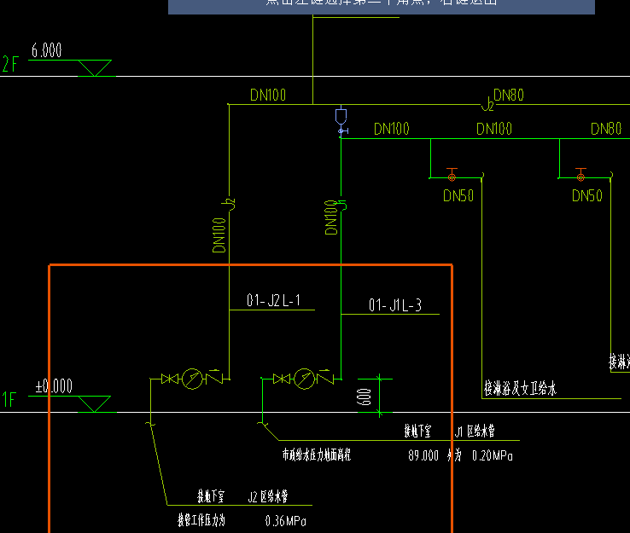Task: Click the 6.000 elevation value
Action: [47, 51]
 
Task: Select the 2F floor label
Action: [10, 63]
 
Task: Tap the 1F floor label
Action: [9, 399]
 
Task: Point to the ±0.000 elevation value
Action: [54, 386]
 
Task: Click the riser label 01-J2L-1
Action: [273, 300]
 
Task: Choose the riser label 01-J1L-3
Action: [394, 305]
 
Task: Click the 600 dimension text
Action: [365, 396]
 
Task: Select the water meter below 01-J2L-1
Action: [194, 379]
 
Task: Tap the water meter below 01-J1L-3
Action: [305, 379]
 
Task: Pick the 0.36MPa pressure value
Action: [286, 520]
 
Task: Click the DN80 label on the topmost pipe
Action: [509, 95]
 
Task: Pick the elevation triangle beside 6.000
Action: [94, 67]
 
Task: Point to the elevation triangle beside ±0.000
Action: [94, 403]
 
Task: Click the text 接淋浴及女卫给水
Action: [520, 390]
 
